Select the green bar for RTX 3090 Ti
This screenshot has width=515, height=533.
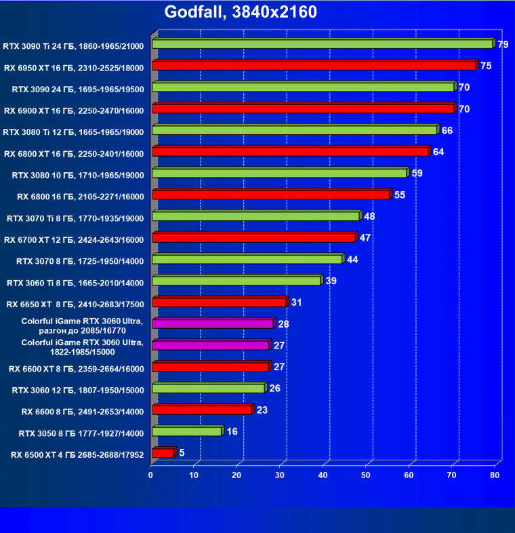323,44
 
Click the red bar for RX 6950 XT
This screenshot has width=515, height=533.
314,66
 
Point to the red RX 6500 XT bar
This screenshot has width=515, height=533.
163,453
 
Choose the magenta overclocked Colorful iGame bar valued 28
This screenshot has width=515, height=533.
213,324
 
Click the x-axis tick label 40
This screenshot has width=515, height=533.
323,476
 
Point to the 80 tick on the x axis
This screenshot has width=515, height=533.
495,476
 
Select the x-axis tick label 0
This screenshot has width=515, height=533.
151,476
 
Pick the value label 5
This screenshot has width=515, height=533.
182,452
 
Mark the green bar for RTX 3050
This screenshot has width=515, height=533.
187,431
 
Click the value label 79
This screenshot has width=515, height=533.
503,45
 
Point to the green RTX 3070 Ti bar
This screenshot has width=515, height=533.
255,216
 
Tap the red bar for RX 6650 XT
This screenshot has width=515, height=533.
220,302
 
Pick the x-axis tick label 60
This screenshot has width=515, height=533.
409,476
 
